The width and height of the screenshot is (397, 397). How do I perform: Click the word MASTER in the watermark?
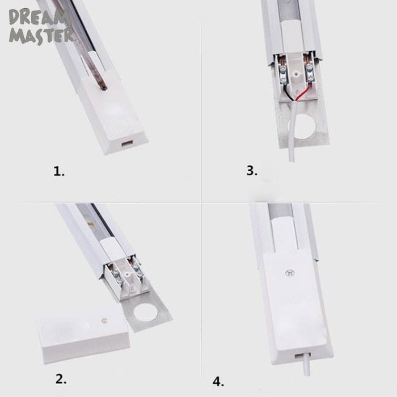pos(41,36)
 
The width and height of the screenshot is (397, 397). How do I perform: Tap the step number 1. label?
pos(59,171)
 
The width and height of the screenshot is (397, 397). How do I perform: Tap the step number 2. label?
pos(61,379)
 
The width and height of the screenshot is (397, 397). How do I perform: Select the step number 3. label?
pos(252,170)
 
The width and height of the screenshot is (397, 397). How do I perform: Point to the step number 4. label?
pos(218,382)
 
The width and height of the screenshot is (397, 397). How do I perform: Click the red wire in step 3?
pos(303,92)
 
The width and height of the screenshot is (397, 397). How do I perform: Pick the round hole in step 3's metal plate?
pos(302,126)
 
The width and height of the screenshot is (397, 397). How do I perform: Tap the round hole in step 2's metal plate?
pos(145,313)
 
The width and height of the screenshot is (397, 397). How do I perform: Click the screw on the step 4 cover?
pos(290,273)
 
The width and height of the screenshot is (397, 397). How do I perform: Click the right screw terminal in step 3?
pos(310,73)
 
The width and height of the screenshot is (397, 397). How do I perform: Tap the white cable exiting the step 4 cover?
pos(309,364)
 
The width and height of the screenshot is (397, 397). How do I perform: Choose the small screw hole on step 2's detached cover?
pos(104,320)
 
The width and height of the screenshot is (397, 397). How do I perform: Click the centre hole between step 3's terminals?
pos(296,74)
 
